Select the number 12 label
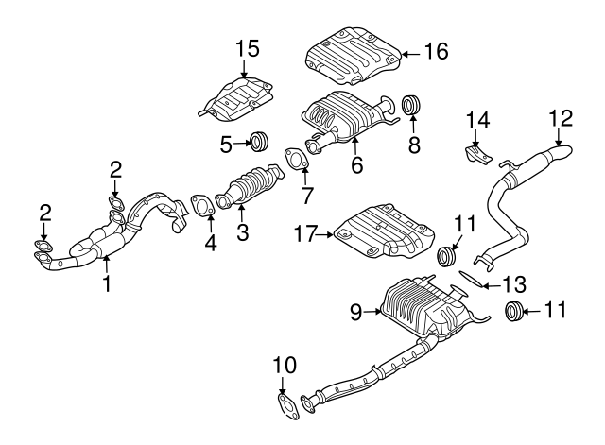(x=561, y=117)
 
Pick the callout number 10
(x=285, y=365)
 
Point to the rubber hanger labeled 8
(x=411, y=104)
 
